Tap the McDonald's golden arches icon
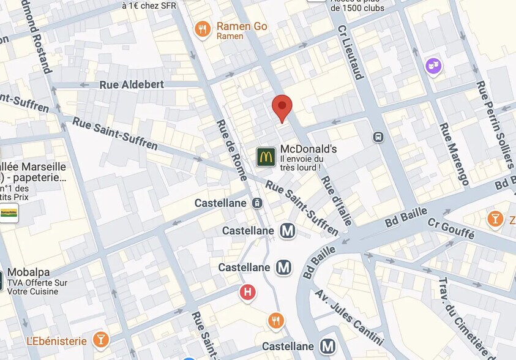[266, 157]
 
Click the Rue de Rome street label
[231, 150]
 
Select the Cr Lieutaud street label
[350, 53]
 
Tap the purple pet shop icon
[433, 66]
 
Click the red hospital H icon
[247, 293]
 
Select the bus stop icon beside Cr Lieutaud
[378, 137]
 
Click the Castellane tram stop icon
[256, 203]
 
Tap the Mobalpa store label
[29, 272]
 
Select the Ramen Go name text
[242, 26]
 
